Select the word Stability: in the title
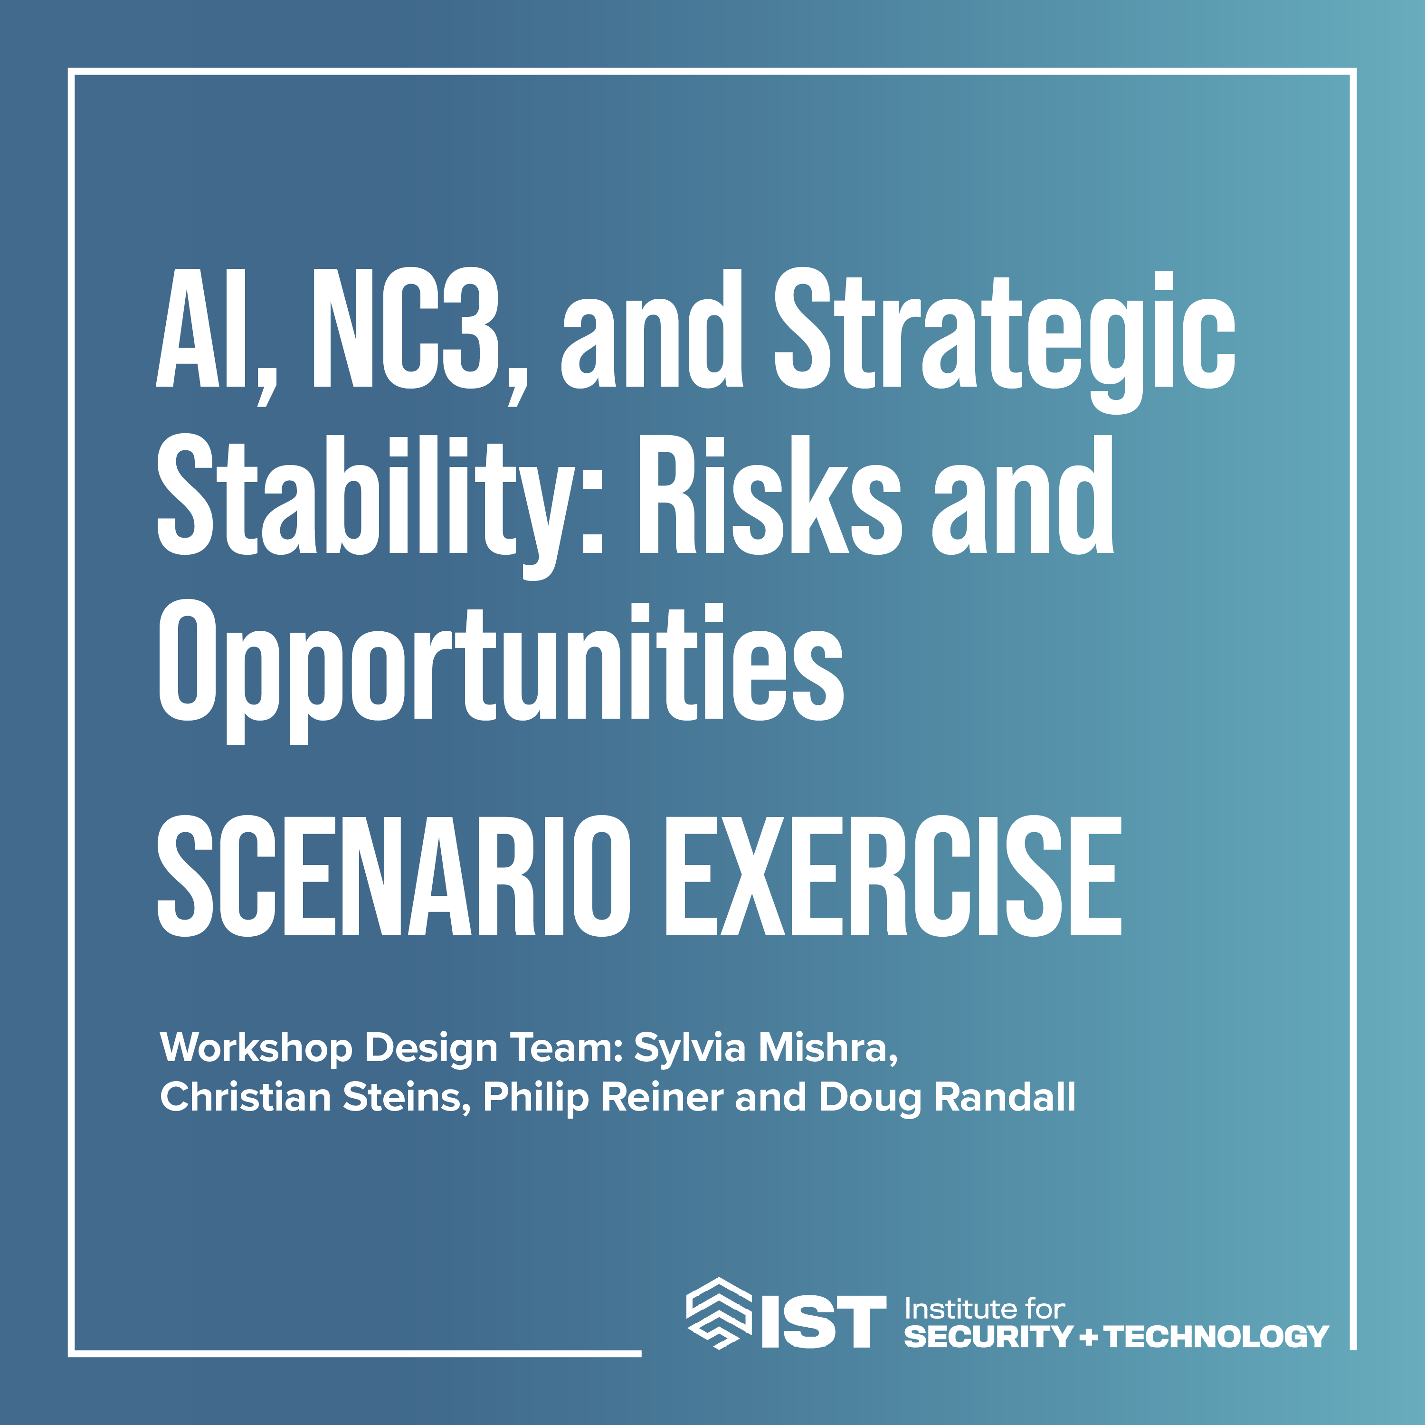coord(380,495)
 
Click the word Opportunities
coord(501,662)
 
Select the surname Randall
coord(1005,1098)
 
